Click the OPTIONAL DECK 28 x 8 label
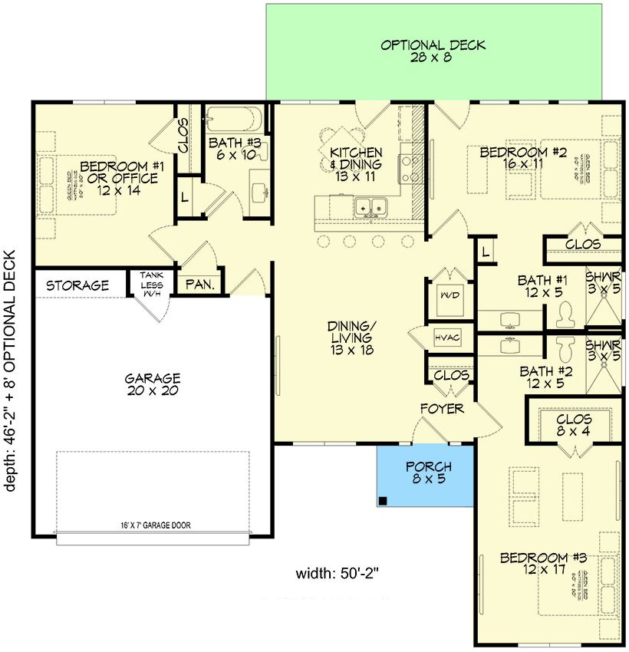tap(433, 51)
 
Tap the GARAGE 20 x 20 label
tap(153, 384)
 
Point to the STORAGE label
tap(77, 285)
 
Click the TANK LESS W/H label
tap(150, 284)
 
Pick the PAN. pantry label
tap(199, 285)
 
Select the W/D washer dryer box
tap(446, 295)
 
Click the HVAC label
tap(446, 336)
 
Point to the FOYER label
tap(442, 409)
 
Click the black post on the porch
tap(383, 501)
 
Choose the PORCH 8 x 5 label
tap(428, 473)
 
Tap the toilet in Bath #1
tap(566, 312)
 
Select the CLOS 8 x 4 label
tap(573, 426)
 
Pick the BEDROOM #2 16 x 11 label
tap(522, 159)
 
